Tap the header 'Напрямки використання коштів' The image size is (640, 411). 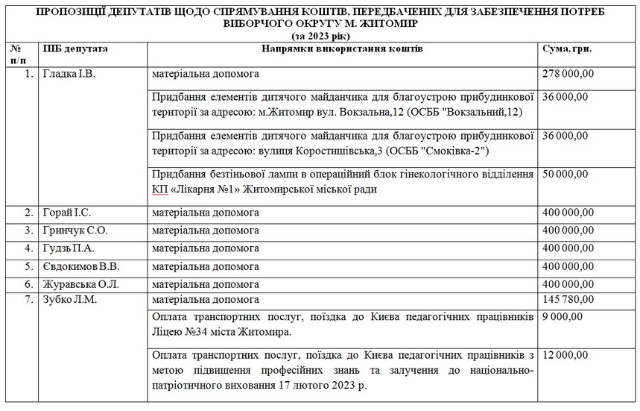point(342,48)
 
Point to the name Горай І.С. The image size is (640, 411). point(67,213)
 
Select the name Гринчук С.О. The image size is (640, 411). point(75,230)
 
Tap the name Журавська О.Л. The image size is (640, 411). point(80,283)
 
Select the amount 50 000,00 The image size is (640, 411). point(565,174)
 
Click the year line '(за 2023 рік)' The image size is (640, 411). point(320,34)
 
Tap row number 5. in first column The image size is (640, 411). point(28,266)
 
